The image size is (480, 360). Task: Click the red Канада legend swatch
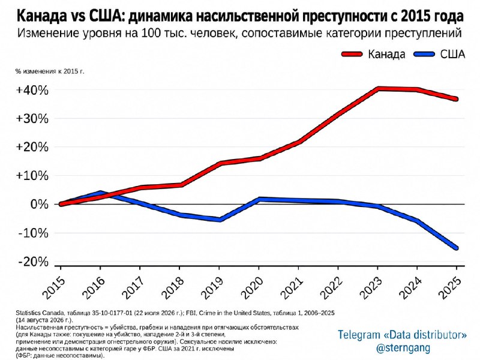[352, 55]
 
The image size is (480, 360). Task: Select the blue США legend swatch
[424, 55]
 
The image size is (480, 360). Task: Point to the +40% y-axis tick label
[32, 91]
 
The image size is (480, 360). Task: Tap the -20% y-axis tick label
[34, 262]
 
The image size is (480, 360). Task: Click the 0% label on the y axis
[40, 204]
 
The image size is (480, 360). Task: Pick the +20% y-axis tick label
[32, 147]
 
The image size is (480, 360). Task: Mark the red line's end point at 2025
[456, 99]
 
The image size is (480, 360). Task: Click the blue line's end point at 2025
[456, 248]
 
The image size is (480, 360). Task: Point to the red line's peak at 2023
[379, 89]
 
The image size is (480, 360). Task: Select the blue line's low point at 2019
[220, 220]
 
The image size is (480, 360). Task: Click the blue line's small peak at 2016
[100, 193]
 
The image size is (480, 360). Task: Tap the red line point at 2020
[259, 158]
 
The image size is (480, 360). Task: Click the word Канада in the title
[41, 16]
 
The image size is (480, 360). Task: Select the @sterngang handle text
[403, 348]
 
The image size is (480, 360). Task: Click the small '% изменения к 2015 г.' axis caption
[50, 71]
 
